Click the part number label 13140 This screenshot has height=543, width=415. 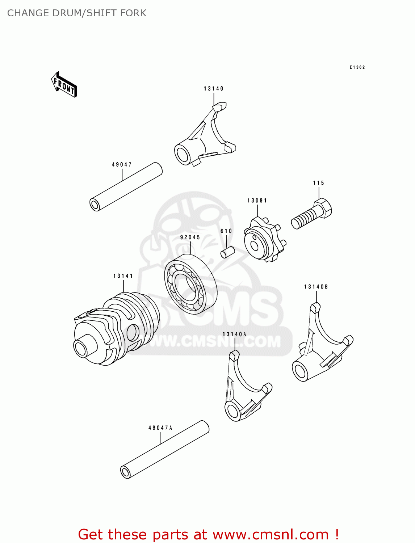[214, 89]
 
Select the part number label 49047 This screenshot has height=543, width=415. [122, 165]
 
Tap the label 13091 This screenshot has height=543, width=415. [257, 201]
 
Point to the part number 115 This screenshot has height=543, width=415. [319, 183]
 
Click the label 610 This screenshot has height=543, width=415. [226, 231]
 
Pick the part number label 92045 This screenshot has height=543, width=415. [190, 237]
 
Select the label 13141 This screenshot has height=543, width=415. [123, 276]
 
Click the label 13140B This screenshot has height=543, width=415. [316, 287]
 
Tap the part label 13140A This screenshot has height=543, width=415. [234, 334]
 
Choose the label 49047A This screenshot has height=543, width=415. [160, 428]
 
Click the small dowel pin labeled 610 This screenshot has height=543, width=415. [228, 252]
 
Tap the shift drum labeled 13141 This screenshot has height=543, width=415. [116, 328]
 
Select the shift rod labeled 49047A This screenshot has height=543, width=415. [165, 450]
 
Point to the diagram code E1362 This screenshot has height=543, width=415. [357, 67]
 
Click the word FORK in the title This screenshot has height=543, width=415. [134, 13]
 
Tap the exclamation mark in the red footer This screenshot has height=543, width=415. [336, 534]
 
